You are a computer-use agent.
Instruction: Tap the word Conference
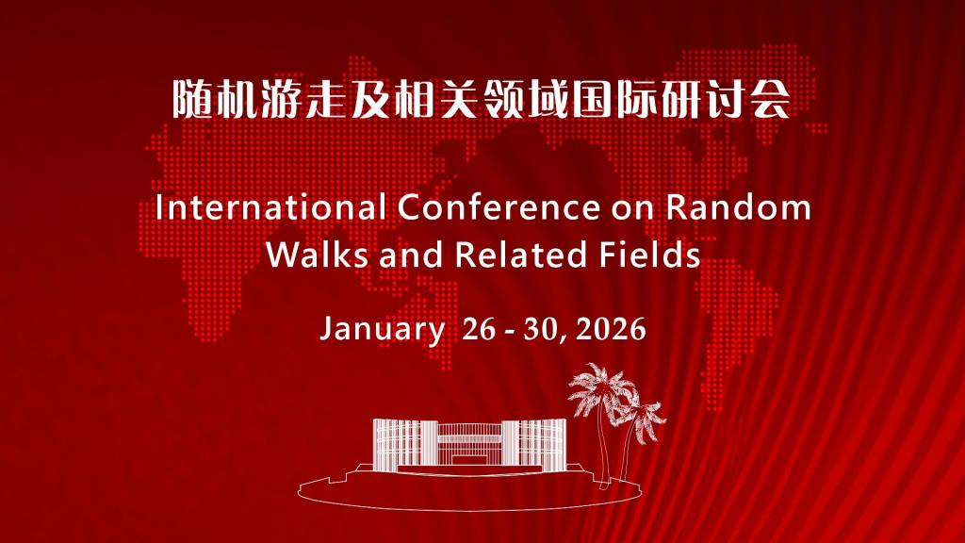[498, 207]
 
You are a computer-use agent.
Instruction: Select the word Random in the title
[739, 207]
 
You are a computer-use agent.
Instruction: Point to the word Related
[520, 254]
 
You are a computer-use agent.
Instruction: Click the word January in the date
[382, 329]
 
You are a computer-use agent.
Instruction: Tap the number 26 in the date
[479, 329]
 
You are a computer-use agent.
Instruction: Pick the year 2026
[611, 329]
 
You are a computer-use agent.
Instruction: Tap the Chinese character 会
[770, 98]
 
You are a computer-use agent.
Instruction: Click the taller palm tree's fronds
[598, 387]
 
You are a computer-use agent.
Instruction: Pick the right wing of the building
[534, 445]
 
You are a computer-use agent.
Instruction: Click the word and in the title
[411, 254]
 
